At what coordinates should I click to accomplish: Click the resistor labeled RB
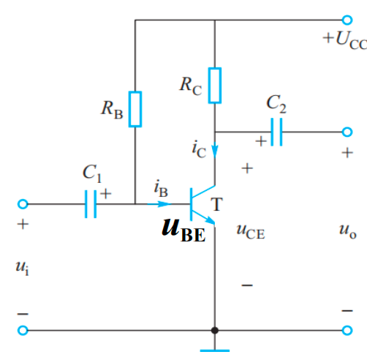coord(135,109)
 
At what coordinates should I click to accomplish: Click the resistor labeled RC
coord(214,85)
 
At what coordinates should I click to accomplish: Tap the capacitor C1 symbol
coord(90,203)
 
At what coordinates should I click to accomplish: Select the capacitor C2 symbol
coord(276,132)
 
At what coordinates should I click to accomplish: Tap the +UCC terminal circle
coord(347,20)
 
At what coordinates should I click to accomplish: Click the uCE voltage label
coord(250,233)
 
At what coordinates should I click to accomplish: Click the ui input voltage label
coord(23,267)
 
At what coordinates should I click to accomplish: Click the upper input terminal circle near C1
coord(23,203)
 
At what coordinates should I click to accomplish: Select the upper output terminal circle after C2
coord(347,132)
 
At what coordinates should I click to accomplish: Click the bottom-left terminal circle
coord(23,330)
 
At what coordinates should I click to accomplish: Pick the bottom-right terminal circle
coord(347,330)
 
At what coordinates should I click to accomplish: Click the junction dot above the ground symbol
coord(214,330)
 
